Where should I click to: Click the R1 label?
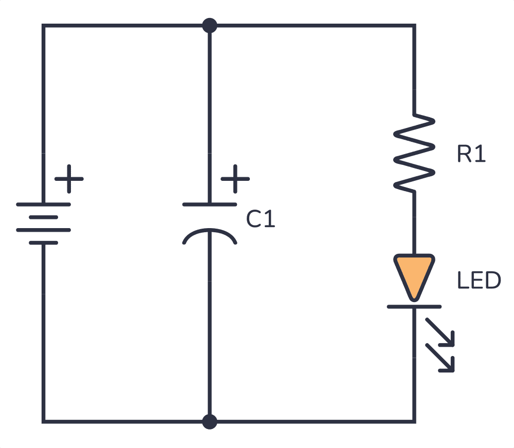click(471, 155)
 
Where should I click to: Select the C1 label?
click(261, 220)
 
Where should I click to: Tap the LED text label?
click(479, 281)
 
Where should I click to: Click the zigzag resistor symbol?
click(414, 153)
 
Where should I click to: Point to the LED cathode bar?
click(414, 307)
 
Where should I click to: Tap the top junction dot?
click(209, 25)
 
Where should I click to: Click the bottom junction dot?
click(209, 421)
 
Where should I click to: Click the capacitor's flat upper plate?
click(209, 204)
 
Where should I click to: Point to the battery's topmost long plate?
click(43, 204)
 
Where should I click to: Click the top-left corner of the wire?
click(43, 25)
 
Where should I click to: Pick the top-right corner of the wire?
click(414, 25)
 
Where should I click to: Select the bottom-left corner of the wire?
click(43, 421)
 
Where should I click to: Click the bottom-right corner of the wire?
click(414, 421)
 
